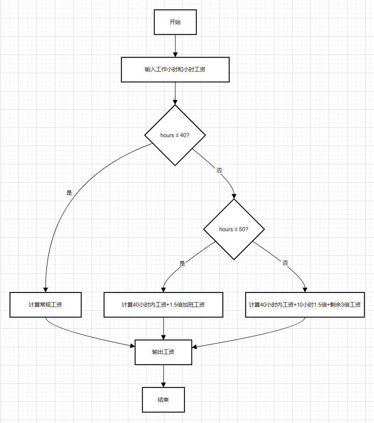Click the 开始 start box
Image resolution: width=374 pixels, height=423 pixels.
coord(175,22)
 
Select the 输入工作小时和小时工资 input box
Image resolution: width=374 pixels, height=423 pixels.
coord(175,70)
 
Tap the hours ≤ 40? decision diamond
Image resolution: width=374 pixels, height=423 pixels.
coord(175,135)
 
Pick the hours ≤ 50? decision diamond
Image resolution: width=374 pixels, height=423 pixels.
coord(234,229)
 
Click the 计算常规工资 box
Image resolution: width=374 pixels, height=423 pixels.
coord(45,305)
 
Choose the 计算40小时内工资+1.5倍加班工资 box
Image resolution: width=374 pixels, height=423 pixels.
coord(163,305)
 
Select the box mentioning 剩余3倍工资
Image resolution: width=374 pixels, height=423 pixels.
coord(305,305)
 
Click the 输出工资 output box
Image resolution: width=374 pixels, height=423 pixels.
coord(163,352)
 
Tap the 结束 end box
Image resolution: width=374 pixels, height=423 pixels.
coord(163,400)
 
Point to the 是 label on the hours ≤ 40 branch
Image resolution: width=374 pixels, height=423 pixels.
coord(69,193)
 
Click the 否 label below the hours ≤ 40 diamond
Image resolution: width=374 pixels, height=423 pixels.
coord(219,170)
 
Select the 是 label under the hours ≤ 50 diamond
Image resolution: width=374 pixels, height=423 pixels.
coord(182,263)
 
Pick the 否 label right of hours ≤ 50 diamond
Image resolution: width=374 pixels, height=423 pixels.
coord(285,263)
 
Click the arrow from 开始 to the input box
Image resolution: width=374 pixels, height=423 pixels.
coord(175,46)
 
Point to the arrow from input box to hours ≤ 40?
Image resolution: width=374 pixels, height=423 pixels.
coord(175,93)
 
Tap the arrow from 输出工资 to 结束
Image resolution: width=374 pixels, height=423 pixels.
coord(163,376)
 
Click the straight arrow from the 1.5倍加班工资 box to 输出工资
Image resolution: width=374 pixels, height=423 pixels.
coord(163,328)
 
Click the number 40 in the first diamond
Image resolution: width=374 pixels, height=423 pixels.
coord(183,135)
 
